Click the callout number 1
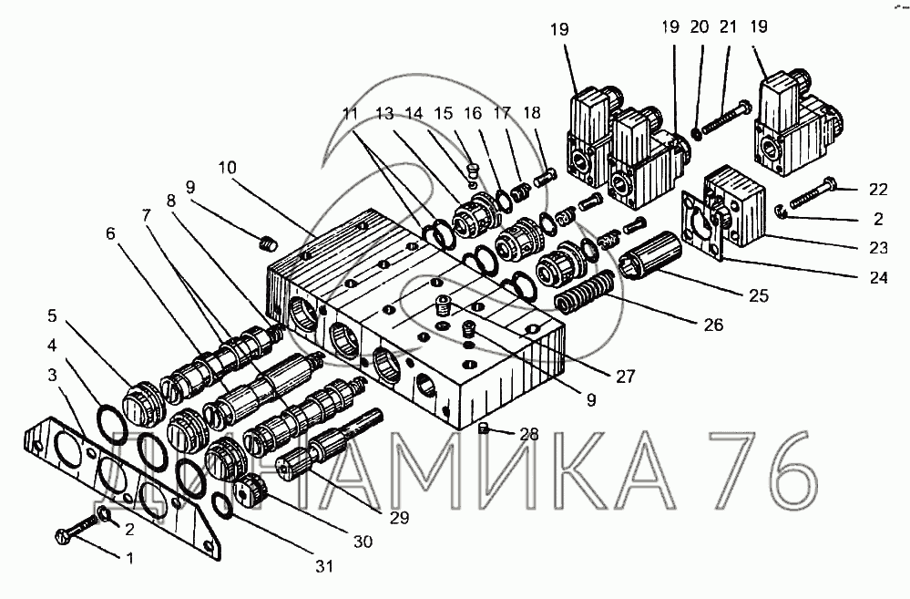coord(130,558)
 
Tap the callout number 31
coord(323,565)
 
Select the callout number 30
coord(363,542)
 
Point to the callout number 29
coord(400,517)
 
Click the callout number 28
coord(529,433)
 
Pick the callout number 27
coord(626,377)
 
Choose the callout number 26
coord(714,325)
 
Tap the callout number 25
coord(758,295)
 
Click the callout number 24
coord(878,278)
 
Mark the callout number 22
coord(878,190)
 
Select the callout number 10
coord(228,168)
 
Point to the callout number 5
coord(52,315)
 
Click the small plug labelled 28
coord(483,429)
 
